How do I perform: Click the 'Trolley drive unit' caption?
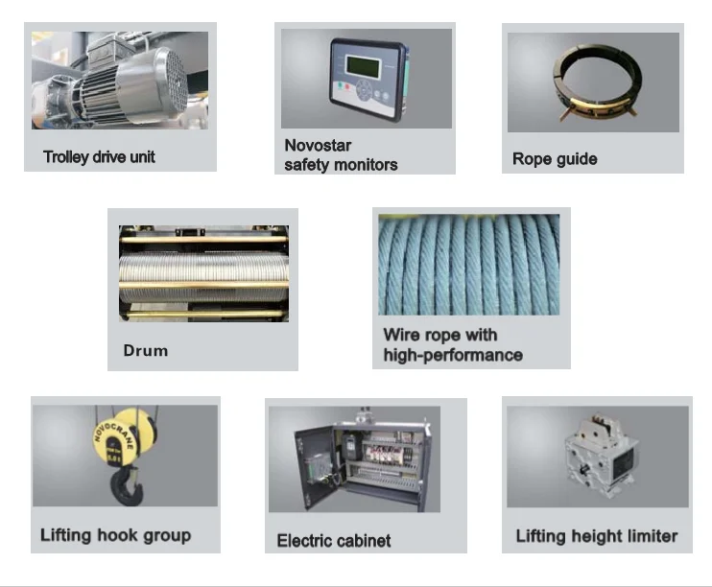coord(99,157)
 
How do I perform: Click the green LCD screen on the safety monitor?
coord(363,66)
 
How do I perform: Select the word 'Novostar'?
coord(318,145)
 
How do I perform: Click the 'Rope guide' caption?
coord(555,159)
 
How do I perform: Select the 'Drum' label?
coord(145,350)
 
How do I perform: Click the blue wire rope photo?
coord(468,265)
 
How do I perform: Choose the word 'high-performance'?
coord(453,355)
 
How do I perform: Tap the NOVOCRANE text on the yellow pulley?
coord(114,435)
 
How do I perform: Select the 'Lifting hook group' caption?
coord(115,535)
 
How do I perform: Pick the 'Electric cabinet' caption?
coord(334,541)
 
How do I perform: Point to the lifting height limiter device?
coord(601,454)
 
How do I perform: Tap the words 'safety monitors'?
coord(341,164)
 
